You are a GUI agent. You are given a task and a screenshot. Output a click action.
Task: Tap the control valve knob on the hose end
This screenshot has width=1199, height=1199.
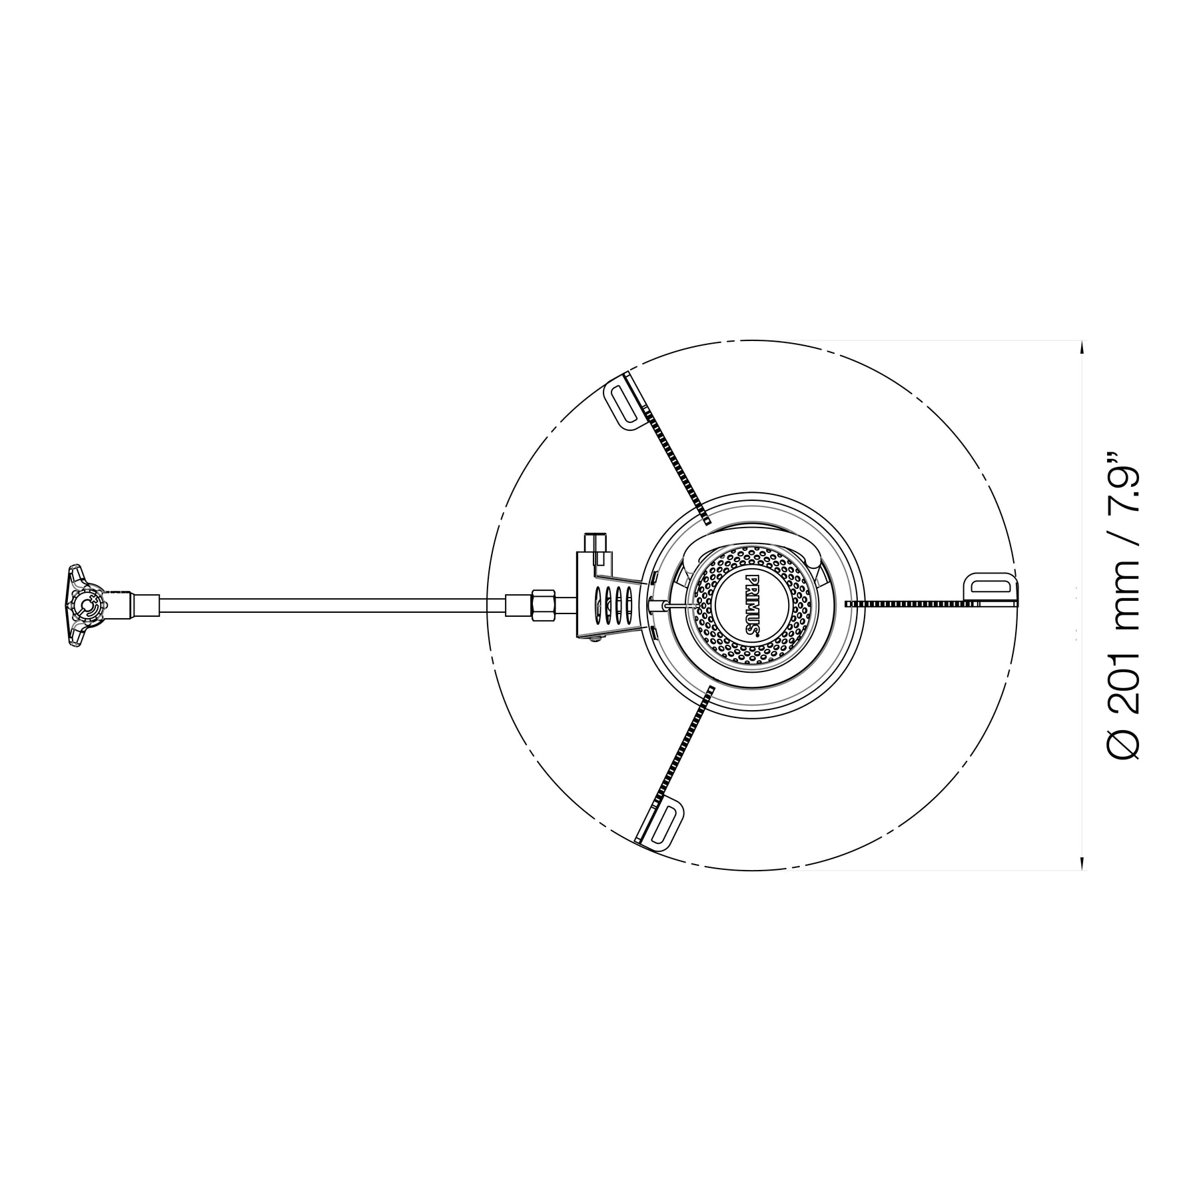(x=83, y=605)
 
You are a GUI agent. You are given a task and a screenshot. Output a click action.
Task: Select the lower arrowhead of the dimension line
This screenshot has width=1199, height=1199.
(x=1082, y=862)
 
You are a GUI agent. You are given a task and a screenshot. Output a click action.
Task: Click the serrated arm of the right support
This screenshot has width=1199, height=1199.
(x=913, y=603)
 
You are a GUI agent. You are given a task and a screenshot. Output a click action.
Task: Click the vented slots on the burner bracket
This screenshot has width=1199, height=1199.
(x=613, y=604)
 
